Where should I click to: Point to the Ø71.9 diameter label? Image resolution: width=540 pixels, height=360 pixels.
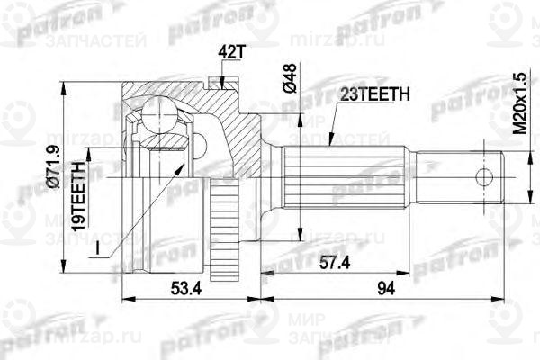tap(55, 166)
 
